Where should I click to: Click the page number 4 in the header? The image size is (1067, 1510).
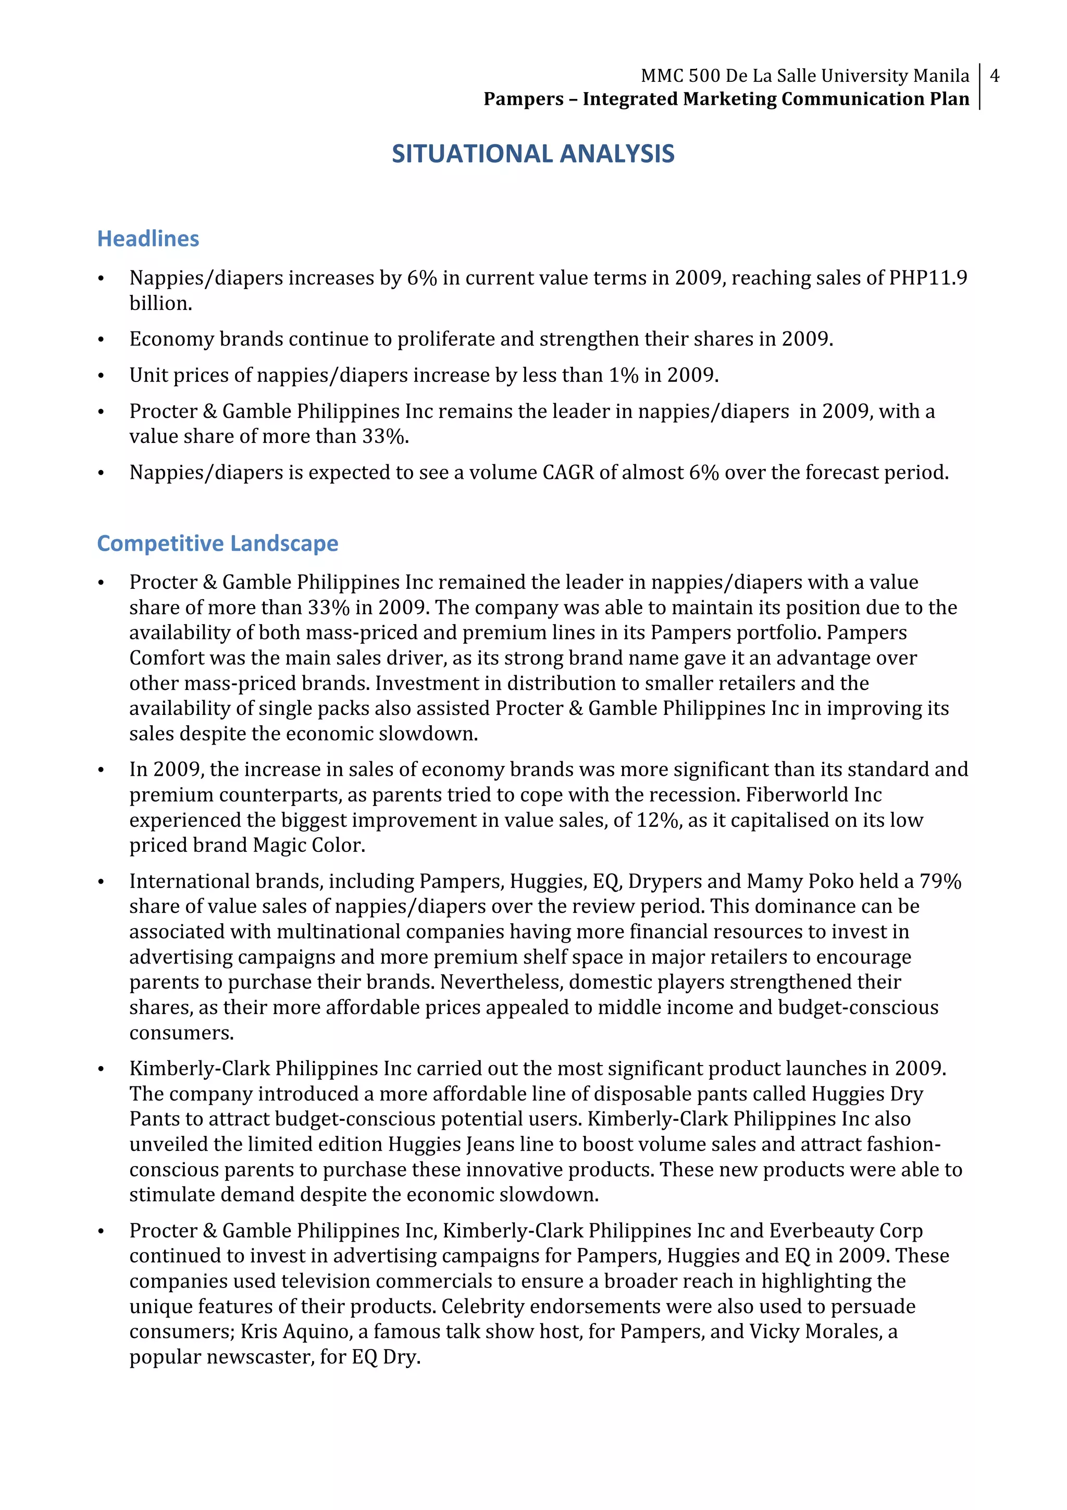(994, 76)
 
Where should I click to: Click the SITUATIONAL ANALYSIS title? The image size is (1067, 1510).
(532, 154)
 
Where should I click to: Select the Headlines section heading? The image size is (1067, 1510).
(148, 239)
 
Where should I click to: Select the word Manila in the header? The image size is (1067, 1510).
(941, 76)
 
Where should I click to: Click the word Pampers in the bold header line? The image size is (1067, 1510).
(523, 100)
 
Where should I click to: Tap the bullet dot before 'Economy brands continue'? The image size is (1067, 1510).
(101, 341)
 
